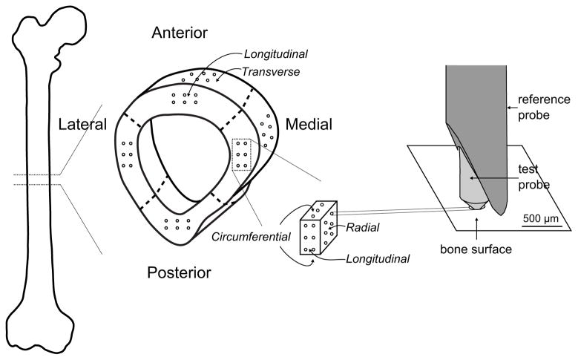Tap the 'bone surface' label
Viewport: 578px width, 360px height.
coord(476,249)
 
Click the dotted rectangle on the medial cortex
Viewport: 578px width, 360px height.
coord(242,155)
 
